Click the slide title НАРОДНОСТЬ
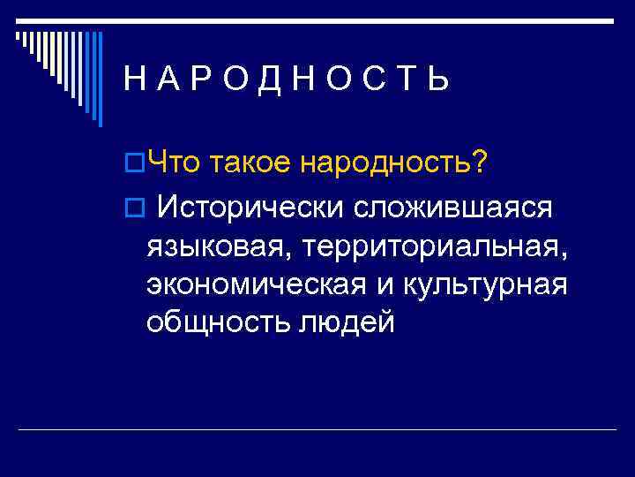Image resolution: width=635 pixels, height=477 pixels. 287,80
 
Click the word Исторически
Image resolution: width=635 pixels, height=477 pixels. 256,208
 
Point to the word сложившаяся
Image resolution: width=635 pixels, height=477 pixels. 455,208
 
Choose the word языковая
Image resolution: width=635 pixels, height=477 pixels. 215,247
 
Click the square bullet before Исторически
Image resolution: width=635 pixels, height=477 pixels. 135,208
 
